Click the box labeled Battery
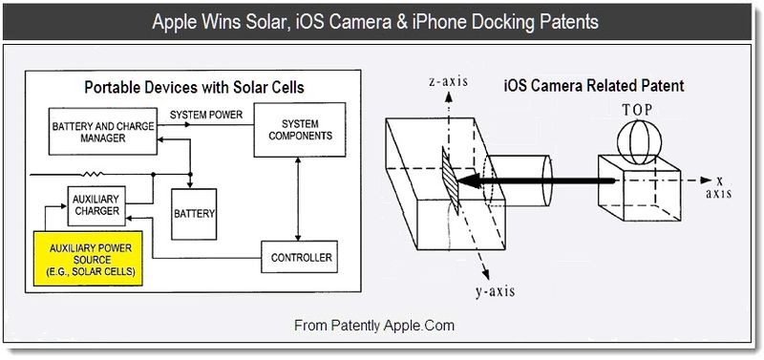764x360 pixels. pyautogui.click(x=194, y=212)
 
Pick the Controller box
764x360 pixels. pyautogui.click(x=301, y=257)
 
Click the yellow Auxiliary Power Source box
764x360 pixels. pyautogui.click(x=88, y=259)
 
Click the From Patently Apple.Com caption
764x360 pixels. pyautogui.click(x=373, y=326)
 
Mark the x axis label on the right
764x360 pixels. pyautogui.click(x=718, y=186)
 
